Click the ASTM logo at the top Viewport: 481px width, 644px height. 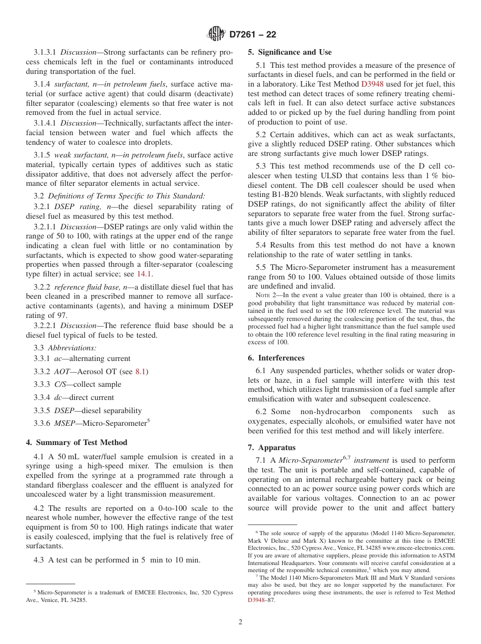click(x=216, y=34)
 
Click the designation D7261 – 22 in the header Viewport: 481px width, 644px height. click(x=253, y=35)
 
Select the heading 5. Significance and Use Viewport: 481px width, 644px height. click(x=290, y=52)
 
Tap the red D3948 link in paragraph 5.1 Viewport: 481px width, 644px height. click(x=372, y=84)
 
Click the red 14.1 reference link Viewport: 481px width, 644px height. click(x=144, y=274)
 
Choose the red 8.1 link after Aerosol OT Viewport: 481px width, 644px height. click(x=141, y=371)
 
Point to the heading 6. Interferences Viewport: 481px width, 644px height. click(x=276, y=358)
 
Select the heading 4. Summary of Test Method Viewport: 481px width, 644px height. click(x=76, y=442)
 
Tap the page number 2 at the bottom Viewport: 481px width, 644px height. click(x=240, y=622)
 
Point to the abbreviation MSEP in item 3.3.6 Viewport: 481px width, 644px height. click(x=64, y=423)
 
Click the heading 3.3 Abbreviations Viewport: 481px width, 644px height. click(x=65, y=348)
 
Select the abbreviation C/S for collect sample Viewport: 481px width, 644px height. click(x=63, y=384)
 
